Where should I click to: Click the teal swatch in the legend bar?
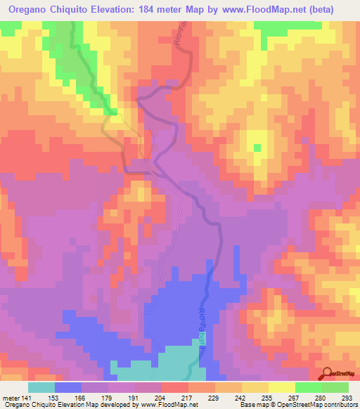pyautogui.click(x=41, y=387)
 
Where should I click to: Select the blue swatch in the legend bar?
pyautogui.click(x=68, y=387)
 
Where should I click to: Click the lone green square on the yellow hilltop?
pyautogui.click(x=257, y=147)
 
